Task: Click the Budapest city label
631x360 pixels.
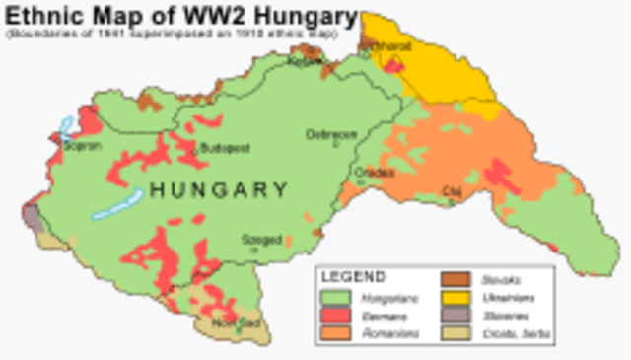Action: point(225,149)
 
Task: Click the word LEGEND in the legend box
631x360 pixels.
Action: point(354,277)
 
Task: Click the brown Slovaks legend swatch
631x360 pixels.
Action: point(455,279)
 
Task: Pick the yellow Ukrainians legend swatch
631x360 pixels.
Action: point(455,297)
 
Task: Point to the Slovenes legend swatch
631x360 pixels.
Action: point(455,316)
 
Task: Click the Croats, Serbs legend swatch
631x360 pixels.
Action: point(455,333)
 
